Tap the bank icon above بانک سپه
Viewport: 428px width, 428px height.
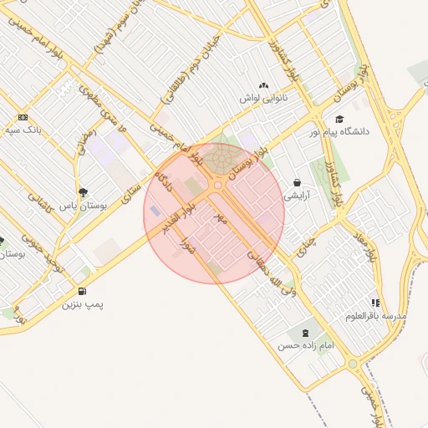(23, 118)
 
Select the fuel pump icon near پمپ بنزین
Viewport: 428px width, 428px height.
(81, 291)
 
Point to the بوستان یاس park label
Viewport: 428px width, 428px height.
(84, 204)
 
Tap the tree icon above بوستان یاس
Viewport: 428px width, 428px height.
(83, 191)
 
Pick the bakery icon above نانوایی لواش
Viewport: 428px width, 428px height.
(264, 85)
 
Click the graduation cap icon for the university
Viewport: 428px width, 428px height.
(339, 119)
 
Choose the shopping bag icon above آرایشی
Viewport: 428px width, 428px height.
(297, 183)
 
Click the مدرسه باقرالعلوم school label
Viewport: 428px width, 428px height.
(376, 316)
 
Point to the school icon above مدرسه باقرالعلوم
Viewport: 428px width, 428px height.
(375, 303)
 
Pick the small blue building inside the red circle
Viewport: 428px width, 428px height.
(156, 211)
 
